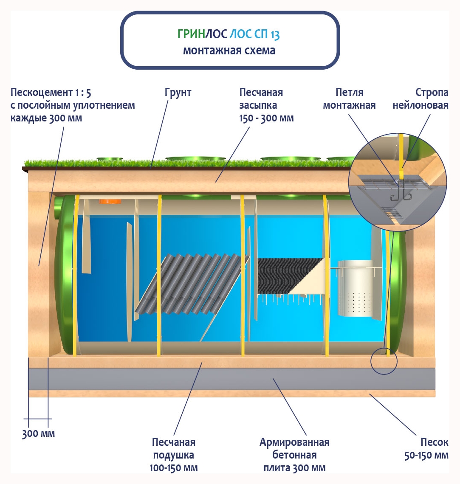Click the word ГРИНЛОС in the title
click(x=202, y=34)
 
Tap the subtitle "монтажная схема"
click(x=229, y=51)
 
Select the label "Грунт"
click(x=178, y=93)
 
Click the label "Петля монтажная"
click(x=349, y=99)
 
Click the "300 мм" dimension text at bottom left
click(x=39, y=434)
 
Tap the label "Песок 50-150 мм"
click(x=426, y=449)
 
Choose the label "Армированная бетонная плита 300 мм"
click(x=294, y=455)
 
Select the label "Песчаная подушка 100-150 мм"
click(x=174, y=455)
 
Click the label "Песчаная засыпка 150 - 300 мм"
click(x=266, y=105)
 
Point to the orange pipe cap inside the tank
click(x=104, y=201)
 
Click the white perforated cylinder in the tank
click(x=356, y=290)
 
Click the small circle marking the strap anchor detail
click(x=384, y=361)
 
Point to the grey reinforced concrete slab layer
click(x=231, y=379)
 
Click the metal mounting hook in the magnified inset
click(x=399, y=194)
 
